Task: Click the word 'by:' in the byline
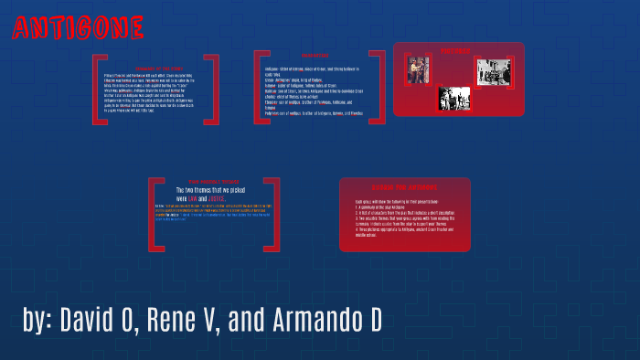pos(40,322)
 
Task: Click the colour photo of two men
pos(418,71)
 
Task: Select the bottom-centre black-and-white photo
pos(453,98)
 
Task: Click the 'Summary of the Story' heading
pos(155,68)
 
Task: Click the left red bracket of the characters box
pos(259,87)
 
